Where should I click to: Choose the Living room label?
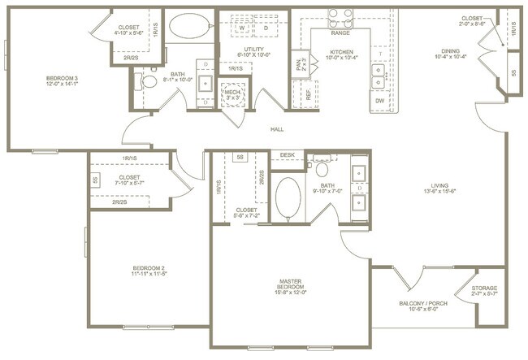pyautogui.click(x=439, y=193)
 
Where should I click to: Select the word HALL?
pyautogui.click(x=276, y=129)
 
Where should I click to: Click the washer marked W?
pyautogui.click(x=242, y=27)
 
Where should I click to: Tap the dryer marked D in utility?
pyautogui.click(x=265, y=27)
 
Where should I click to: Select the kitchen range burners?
pyautogui.click(x=340, y=20)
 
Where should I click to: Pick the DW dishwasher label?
pyautogui.click(x=379, y=100)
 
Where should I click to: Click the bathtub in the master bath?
pyautogui.click(x=288, y=198)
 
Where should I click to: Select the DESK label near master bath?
pyautogui.click(x=287, y=154)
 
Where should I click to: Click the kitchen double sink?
pyautogui.click(x=379, y=76)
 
